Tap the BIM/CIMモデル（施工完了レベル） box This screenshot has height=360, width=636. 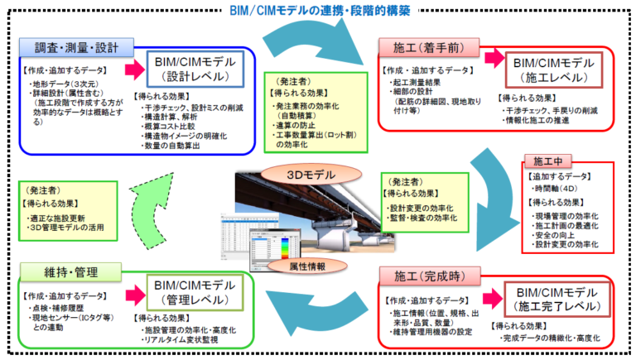(556, 298)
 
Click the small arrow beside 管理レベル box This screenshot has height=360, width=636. (134, 292)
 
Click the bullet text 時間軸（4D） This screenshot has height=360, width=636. (562, 190)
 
